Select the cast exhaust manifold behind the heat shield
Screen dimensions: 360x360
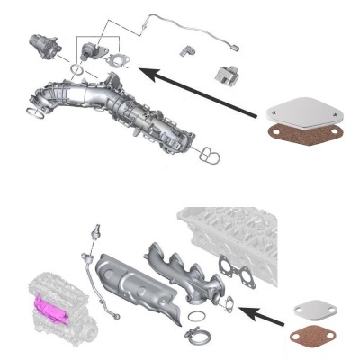coord(184,270)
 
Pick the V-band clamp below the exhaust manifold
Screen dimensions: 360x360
coord(193,338)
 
